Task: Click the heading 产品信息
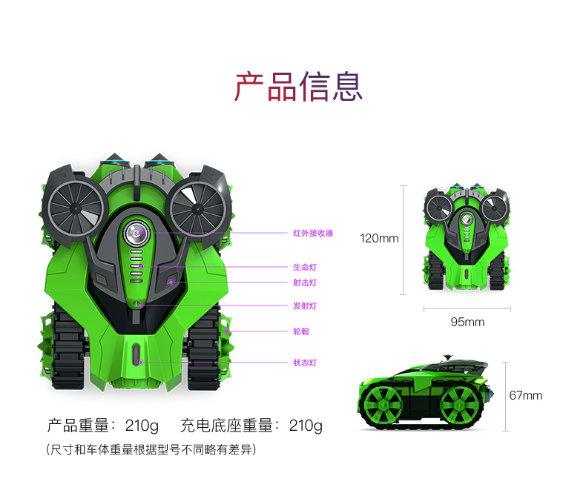point(299,87)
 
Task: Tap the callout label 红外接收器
point(312,233)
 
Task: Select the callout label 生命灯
point(304,266)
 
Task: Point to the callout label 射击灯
point(304,282)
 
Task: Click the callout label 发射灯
point(304,305)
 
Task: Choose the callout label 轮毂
point(300,331)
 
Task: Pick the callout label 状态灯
point(304,363)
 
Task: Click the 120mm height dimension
point(379,239)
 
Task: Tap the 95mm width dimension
point(467,322)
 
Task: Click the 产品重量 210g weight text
point(103,426)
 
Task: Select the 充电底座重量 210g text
point(251,426)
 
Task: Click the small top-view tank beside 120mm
point(465,238)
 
